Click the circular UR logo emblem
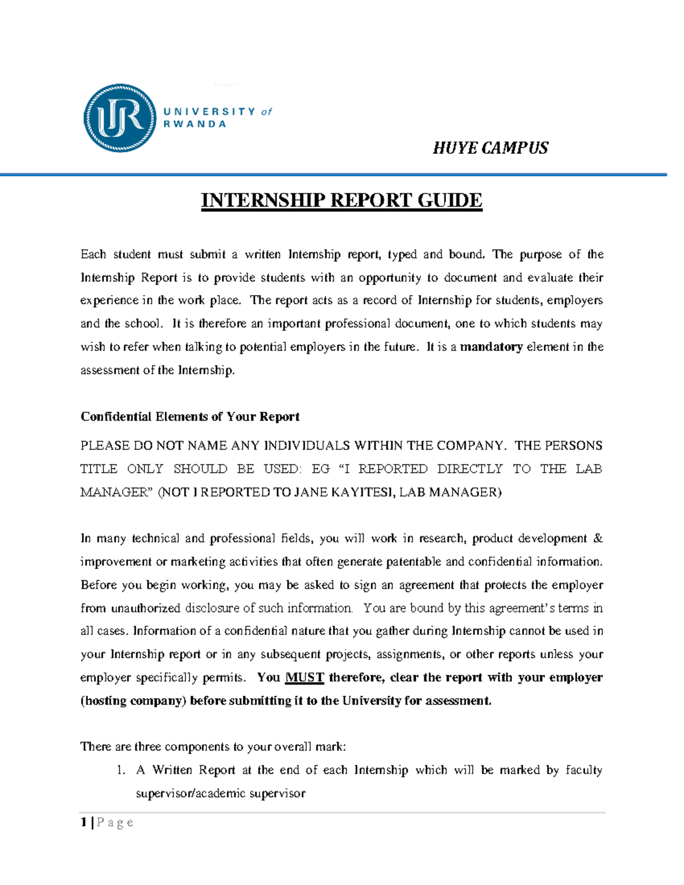click(x=120, y=118)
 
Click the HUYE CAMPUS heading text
click(x=490, y=148)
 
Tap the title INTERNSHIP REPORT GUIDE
click(x=341, y=201)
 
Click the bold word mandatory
click(x=491, y=347)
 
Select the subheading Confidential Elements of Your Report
click(x=190, y=417)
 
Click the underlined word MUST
click(x=304, y=678)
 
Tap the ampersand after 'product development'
click(x=598, y=539)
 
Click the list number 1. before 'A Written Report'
click(x=120, y=770)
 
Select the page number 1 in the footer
click(x=84, y=822)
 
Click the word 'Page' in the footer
click(x=115, y=822)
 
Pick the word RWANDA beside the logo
click(x=195, y=124)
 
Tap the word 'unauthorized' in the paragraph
click(x=145, y=608)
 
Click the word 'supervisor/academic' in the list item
click(x=189, y=793)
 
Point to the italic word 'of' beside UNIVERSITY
click(x=267, y=112)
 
